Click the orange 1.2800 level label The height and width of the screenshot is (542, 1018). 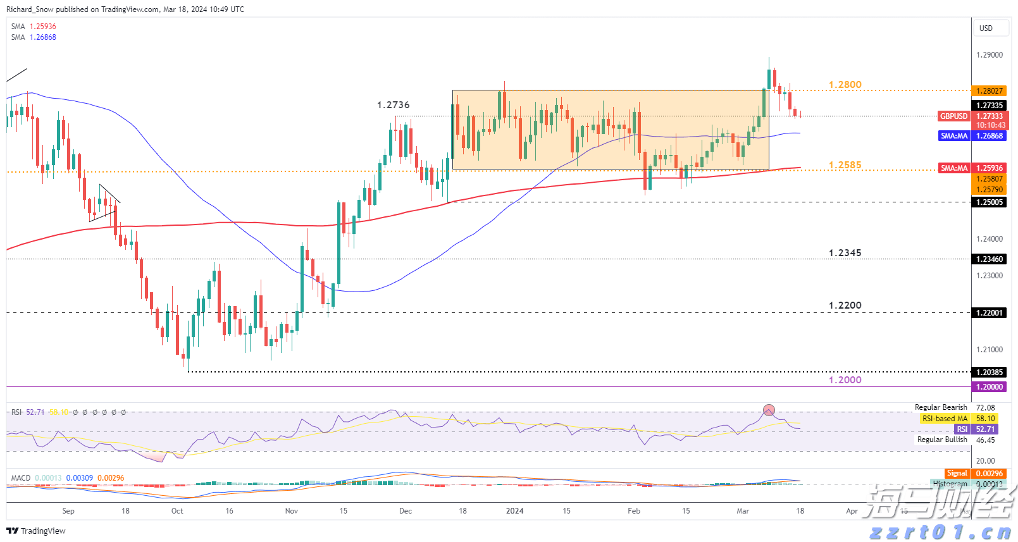(845, 85)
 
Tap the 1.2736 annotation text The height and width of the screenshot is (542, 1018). (393, 105)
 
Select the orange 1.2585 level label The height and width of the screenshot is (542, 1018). (845, 165)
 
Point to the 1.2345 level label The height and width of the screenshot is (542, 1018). (845, 253)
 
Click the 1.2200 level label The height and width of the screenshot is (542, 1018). (845, 305)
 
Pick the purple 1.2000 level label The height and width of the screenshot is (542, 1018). (845, 380)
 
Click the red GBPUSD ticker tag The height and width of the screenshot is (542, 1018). (953, 116)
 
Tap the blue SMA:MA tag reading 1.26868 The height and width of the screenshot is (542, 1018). (953, 136)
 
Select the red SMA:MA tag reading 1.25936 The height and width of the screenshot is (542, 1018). (953, 168)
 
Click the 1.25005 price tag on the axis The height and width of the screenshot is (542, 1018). (990, 202)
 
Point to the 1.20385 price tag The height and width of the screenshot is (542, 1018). (990, 373)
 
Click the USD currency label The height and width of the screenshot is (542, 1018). (986, 28)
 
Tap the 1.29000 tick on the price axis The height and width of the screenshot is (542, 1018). (990, 55)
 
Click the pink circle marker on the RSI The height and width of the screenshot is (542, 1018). (769, 410)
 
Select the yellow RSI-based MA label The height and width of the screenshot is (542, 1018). (945, 419)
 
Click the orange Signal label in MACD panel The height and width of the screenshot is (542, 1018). (957, 474)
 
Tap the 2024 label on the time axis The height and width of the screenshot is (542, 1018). (514, 511)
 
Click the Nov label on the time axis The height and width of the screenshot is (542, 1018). (291, 511)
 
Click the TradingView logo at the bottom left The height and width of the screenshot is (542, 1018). (36, 531)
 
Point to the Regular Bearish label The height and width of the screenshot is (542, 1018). (940, 407)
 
